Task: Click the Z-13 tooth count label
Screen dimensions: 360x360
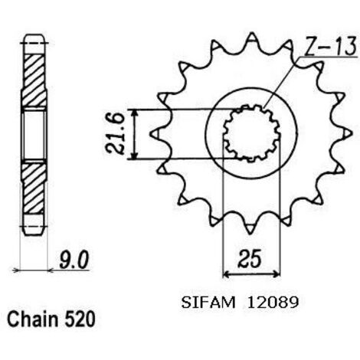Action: (x=330, y=47)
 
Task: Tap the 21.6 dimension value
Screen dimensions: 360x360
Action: (x=115, y=134)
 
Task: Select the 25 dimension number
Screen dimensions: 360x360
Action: (x=250, y=258)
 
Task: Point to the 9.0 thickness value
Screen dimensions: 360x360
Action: (x=74, y=260)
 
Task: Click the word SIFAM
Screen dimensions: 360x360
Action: (x=208, y=303)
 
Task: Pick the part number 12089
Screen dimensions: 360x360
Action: (x=272, y=303)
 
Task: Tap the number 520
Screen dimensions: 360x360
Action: (x=80, y=319)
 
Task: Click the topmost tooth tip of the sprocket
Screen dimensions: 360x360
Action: (x=252, y=33)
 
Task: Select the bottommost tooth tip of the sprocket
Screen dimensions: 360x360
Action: (x=250, y=234)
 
